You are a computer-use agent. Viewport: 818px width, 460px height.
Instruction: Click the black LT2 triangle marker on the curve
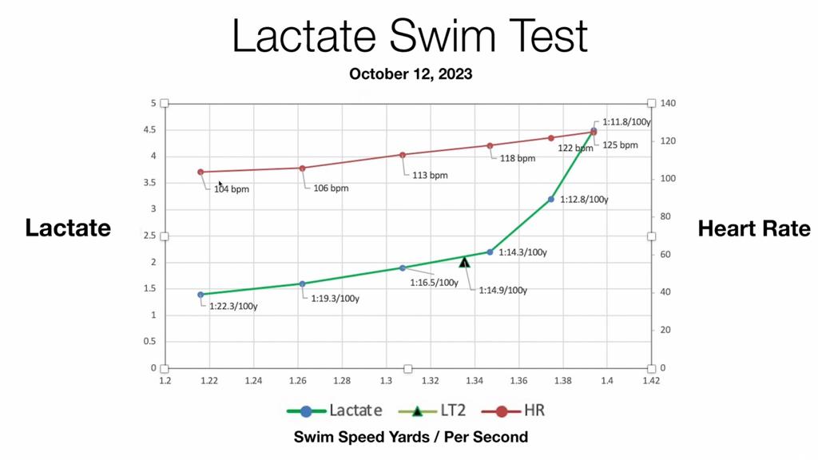(x=464, y=262)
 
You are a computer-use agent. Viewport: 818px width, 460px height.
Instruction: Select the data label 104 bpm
(x=232, y=189)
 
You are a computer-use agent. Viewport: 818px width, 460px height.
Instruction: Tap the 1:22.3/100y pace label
(x=233, y=306)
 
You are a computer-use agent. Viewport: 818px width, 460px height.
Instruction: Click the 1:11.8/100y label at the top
(x=626, y=122)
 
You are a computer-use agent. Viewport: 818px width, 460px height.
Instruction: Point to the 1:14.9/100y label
(x=502, y=291)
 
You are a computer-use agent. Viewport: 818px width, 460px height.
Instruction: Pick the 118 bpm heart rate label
(x=518, y=158)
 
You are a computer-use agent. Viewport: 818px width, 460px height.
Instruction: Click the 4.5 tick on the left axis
(x=149, y=129)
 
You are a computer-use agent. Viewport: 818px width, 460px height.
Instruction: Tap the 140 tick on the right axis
(x=668, y=104)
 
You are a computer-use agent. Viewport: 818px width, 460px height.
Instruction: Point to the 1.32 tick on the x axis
(x=431, y=381)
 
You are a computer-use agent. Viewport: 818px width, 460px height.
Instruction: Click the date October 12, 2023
(x=411, y=74)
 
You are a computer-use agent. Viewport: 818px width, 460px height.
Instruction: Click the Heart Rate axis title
(x=753, y=228)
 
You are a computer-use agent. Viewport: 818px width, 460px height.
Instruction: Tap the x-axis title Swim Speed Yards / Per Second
(x=411, y=437)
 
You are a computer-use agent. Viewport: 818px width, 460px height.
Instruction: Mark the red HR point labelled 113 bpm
(x=403, y=155)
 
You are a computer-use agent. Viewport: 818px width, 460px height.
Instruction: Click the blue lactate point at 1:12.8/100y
(x=551, y=199)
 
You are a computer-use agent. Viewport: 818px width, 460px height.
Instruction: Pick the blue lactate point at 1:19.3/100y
(x=302, y=284)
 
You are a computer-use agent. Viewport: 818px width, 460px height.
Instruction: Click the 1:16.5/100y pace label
(x=434, y=283)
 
